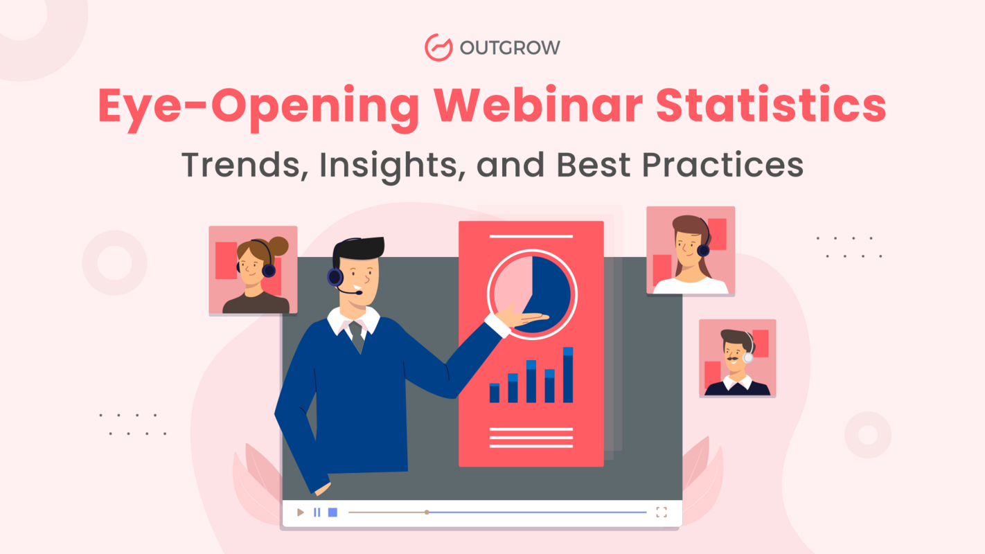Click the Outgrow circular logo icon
click(438, 47)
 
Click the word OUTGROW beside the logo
click(510, 48)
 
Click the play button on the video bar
click(300, 512)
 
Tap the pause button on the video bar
click(317, 512)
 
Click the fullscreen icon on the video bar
click(662, 512)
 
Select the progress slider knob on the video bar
click(427, 512)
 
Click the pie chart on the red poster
click(532, 294)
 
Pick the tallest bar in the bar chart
click(568, 375)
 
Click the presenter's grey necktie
click(357, 337)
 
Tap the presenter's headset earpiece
click(335, 277)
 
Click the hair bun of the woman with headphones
click(278, 245)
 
